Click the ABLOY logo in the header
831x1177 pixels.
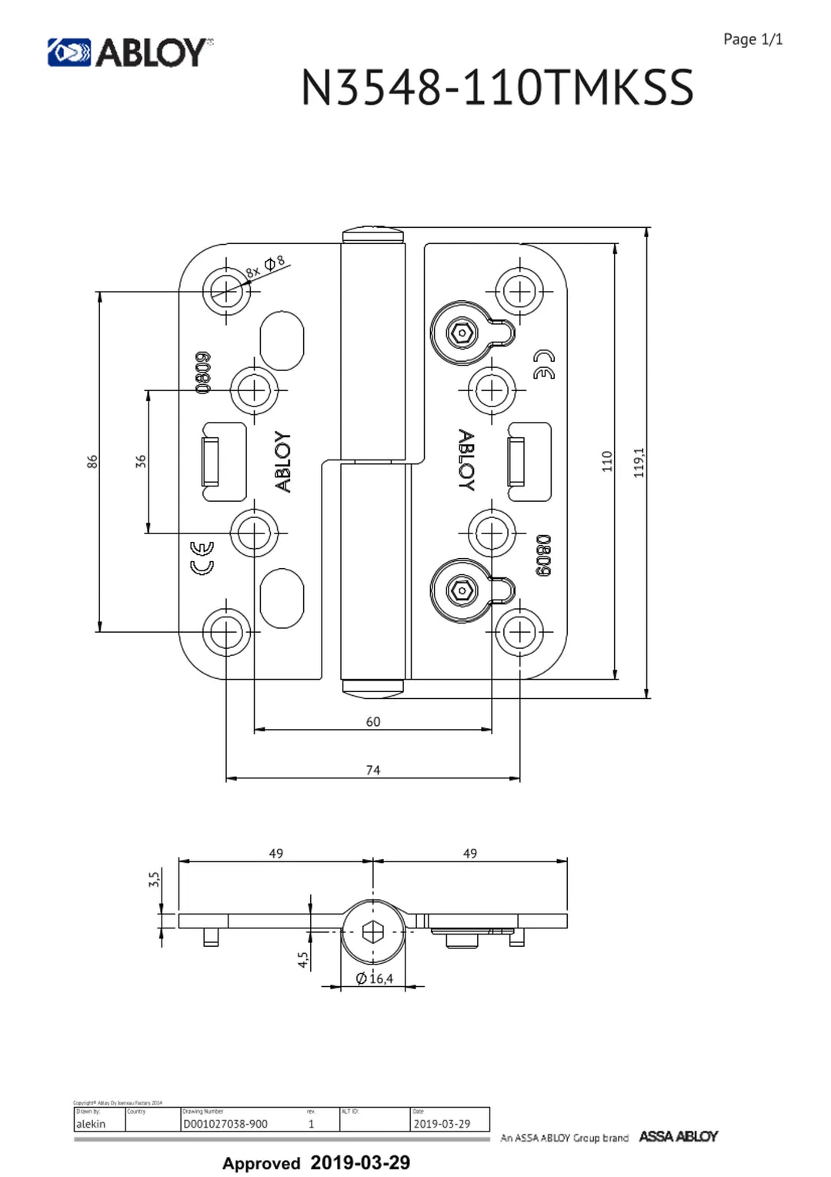(130, 52)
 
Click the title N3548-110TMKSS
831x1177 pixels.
(497, 87)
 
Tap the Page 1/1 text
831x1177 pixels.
(753, 39)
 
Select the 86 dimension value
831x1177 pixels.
(92, 461)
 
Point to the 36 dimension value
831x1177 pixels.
(140, 461)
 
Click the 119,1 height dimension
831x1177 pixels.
(639, 462)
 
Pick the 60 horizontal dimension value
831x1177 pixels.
(373, 721)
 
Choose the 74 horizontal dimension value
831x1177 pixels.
(373, 770)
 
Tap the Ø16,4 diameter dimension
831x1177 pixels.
(375, 978)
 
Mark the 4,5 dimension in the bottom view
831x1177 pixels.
(302, 959)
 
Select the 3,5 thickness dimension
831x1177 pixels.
(154, 879)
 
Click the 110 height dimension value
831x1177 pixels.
(607, 461)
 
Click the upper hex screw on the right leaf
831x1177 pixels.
(462, 333)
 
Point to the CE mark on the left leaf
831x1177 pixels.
(202, 557)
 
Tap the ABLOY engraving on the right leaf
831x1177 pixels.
(466, 460)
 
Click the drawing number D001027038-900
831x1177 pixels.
(225, 1124)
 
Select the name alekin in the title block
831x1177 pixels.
(91, 1124)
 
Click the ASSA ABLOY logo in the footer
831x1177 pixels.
(678, 1136)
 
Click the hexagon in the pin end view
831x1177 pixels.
(373, 932)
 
